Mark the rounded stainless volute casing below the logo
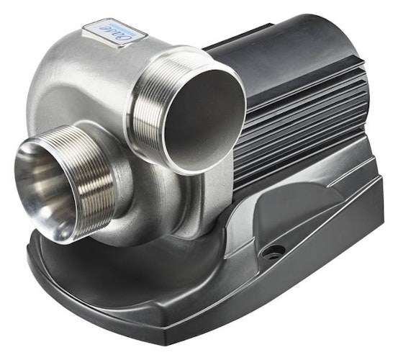(x=79, y=86)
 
